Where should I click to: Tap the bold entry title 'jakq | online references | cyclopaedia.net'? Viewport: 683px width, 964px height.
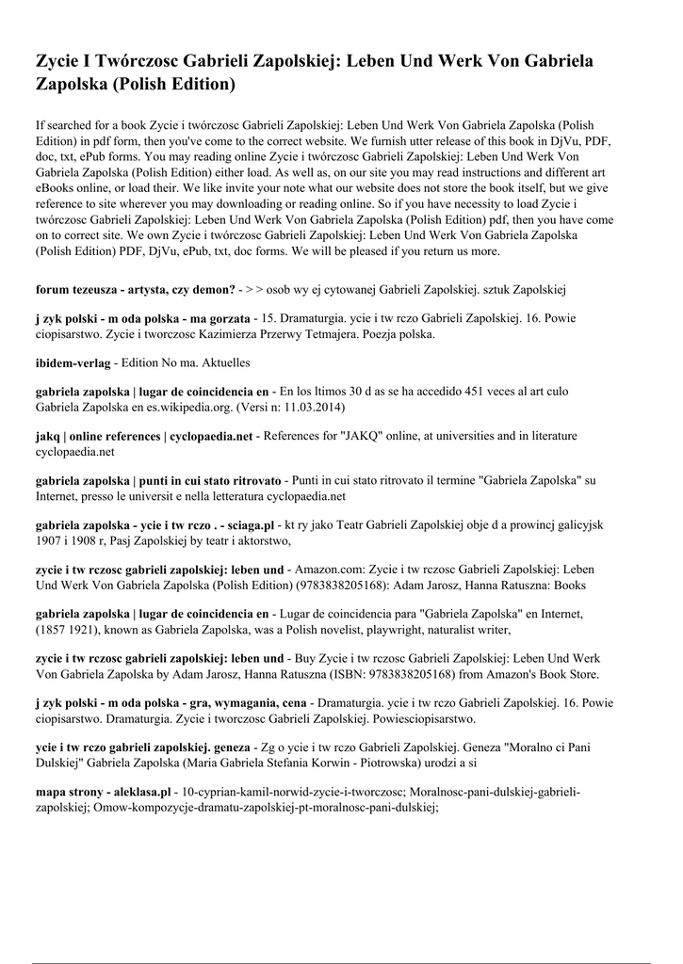tap(144, 436)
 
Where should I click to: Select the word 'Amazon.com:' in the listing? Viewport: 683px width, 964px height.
tap(328, 570)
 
